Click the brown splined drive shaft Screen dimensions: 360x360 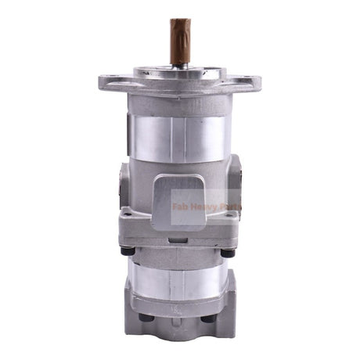click(x=180, y=41)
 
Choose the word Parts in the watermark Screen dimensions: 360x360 click(x=232, y=208)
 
